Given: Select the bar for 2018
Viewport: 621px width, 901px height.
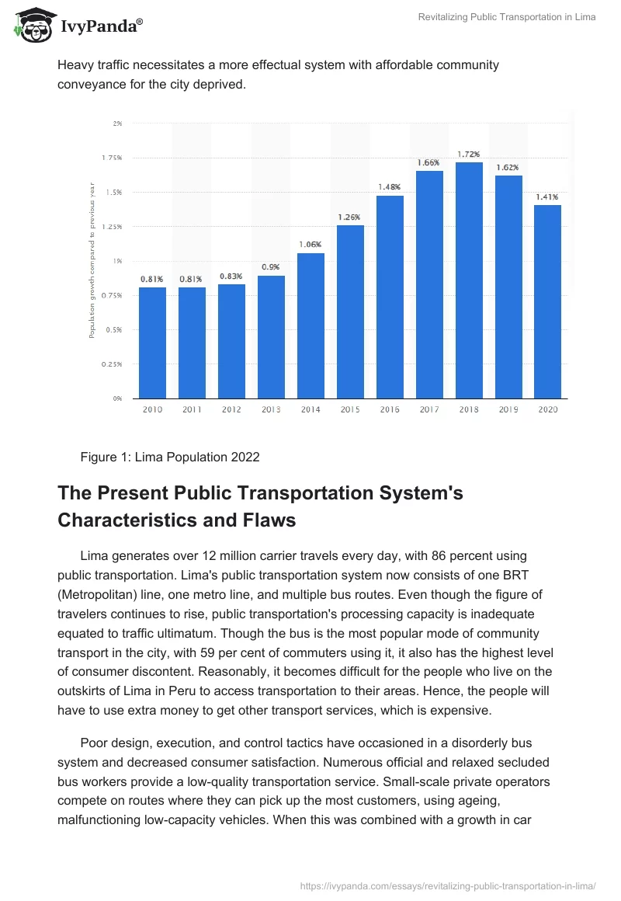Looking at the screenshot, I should pos(469,280).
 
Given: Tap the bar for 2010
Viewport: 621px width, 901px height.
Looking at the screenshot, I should pos(152,343).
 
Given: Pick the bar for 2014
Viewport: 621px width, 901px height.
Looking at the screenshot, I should pos(310,325).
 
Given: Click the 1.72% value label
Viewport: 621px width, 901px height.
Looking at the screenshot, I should pos(469,154).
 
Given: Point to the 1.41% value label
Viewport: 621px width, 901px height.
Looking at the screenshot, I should pos(548,197).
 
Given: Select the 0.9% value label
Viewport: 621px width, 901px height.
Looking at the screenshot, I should pos(271,266).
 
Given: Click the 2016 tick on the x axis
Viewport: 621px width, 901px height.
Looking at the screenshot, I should pos(390,409).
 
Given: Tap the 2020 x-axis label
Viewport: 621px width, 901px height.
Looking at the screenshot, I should pos(548,409).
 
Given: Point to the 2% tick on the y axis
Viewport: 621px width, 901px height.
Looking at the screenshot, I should pos(117,123).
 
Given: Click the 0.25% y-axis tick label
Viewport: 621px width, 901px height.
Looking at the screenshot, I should pos(113,364).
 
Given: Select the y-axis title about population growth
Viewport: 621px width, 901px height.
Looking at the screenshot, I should pos(92,260).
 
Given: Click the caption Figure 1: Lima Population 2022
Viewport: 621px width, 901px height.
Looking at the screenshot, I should pos(170,457).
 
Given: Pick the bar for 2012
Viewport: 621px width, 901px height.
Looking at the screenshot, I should pos(231,341).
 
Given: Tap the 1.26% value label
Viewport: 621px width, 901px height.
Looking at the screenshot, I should pos(350,217).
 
